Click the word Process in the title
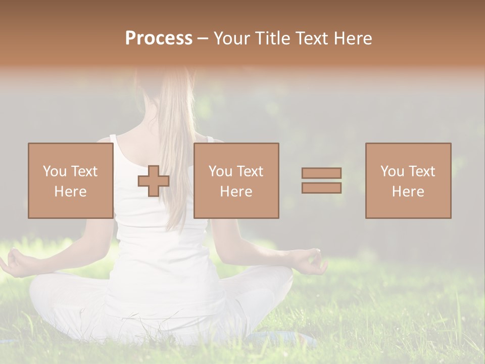tap(159, 38)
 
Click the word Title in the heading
tap(273, 38)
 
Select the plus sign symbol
tap(154, 181)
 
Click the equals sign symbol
tap(321, 180)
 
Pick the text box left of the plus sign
tap(70, 180)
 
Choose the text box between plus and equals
tap(236, 180)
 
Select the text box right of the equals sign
tap(408, 180)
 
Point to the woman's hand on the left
tap(15, 263)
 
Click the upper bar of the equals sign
tap(321, 173)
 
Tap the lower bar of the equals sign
tap(321, 188)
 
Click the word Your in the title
tap(232, 38)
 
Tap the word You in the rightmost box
tap(392, 171)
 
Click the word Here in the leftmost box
tap(70, 192)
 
